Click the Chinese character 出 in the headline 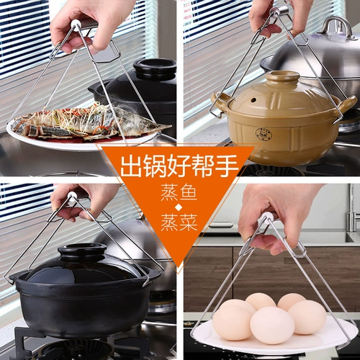click(x=132, y=166)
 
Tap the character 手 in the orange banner click(x=227, y=166)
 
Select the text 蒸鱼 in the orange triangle click(x=179, y=192)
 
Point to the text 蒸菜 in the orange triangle click(x=179, y=222)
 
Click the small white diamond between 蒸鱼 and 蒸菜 click(x=179, y=207)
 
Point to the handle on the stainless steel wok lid click(x=338, y=27)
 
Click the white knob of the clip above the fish click(x=76, y=26)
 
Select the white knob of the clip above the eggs click(x=269, y=217)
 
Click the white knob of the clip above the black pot click(x=72, y=197)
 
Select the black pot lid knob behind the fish click(x=155, y=66)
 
